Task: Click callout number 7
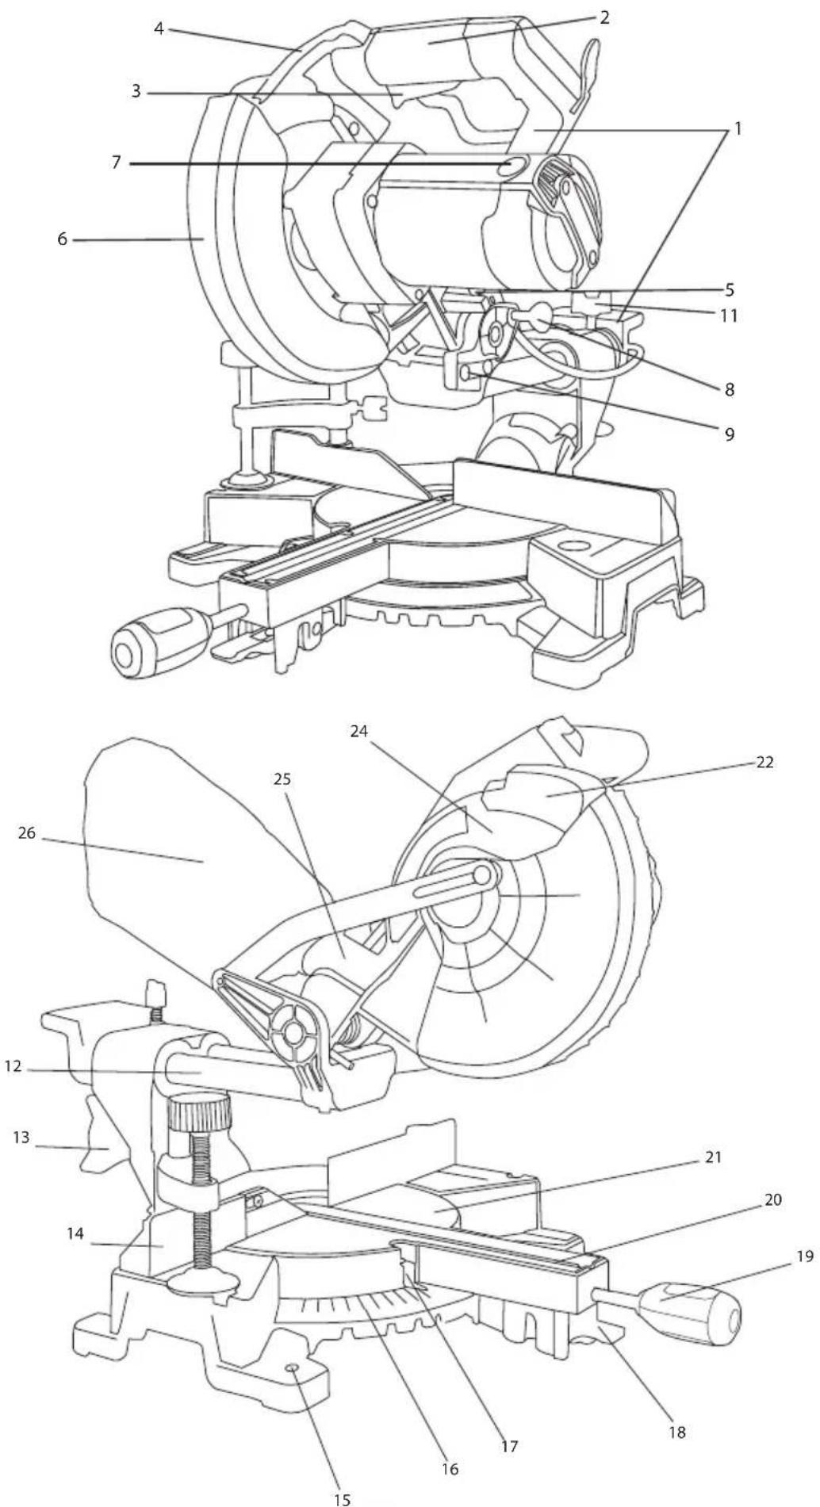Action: coord(117,163)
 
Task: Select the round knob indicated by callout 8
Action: coord(538,318)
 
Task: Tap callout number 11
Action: coord(728,316)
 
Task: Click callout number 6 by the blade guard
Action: coord(63,239)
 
